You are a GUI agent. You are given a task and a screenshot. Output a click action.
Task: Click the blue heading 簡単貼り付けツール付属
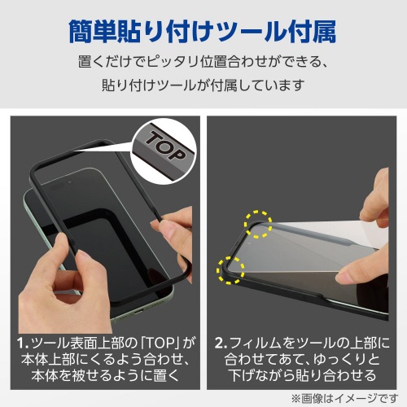203,32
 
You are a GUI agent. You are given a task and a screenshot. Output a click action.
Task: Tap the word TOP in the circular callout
166,146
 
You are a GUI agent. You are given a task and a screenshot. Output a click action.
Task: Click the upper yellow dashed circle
258,224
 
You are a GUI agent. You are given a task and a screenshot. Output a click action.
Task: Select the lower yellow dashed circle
230,270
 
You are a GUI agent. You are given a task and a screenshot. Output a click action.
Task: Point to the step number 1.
23,344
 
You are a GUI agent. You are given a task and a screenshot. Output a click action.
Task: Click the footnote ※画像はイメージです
345,399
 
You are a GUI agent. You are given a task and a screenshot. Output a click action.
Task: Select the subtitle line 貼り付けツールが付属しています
203,85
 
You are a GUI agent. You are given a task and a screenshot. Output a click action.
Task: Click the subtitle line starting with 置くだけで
203,62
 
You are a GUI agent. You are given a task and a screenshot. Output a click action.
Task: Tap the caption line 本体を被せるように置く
106,375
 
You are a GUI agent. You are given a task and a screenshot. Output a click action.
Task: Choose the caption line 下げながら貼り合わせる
302,375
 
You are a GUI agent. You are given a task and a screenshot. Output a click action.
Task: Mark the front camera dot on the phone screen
70,182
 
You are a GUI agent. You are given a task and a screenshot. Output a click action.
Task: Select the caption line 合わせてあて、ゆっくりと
302,359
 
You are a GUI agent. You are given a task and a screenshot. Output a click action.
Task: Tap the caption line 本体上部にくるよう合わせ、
106,359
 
